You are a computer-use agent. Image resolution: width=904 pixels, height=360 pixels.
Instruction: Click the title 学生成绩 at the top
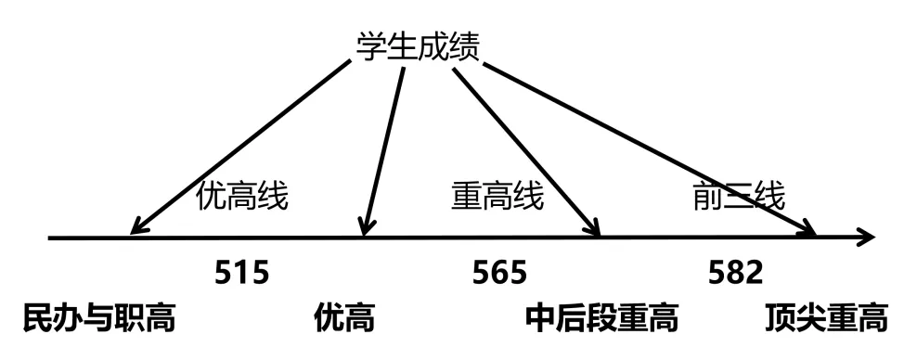coord(419,45)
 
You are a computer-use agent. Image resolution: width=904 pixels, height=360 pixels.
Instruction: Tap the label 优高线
coord(242,197)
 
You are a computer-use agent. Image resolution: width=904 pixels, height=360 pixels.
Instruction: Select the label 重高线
coord(497,197)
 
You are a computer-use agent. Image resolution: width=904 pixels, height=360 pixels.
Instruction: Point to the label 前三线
coord(739,197)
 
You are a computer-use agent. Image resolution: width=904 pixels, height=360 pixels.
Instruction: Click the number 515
coord(242,272)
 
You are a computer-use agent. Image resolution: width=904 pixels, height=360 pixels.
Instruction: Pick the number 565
coord(499,272)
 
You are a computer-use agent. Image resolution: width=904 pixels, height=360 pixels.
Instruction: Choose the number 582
coord(735,272)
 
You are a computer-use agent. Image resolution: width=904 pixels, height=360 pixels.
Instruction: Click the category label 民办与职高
coord(99,318)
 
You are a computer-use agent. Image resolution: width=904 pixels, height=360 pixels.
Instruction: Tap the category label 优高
coord(344,318)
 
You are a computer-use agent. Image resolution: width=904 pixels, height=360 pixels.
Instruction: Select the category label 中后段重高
coord(601,318)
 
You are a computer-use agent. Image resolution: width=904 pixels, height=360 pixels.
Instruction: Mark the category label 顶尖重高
coord(826,318)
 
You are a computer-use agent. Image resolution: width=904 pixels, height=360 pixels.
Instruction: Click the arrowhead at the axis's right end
coord(866,238)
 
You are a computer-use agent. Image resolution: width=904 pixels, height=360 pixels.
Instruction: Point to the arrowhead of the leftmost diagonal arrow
coord(139,225)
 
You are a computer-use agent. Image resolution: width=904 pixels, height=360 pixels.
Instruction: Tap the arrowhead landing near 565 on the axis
coord(591,227)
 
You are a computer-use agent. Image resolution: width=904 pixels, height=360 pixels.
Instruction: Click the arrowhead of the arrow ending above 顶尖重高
coord(807,229)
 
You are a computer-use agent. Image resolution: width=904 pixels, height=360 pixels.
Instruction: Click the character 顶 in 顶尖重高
coord(781,318)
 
